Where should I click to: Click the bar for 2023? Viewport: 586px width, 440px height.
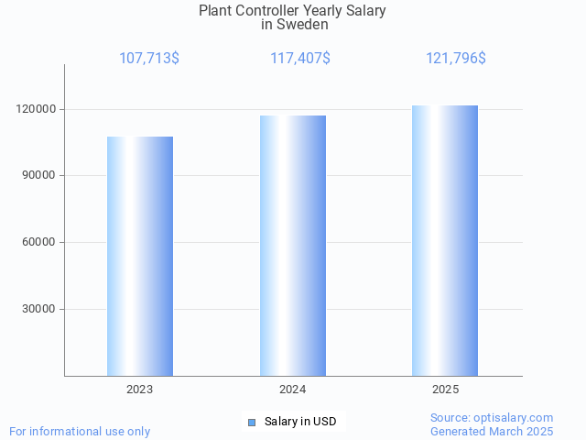[140, 256]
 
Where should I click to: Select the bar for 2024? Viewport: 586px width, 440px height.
[293, 245]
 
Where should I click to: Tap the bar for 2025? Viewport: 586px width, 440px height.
[445, 240]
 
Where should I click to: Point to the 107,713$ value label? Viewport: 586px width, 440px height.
[149, 58]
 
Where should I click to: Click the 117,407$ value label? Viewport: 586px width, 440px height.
[300, 58]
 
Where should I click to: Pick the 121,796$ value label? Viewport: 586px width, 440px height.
[456, 58]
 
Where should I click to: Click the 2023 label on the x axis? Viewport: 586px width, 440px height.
[140, 390]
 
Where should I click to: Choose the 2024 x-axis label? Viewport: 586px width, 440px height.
[293, 390]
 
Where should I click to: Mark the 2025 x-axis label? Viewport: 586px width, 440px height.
[445, 390]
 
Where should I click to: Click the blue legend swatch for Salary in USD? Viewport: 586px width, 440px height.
[252, 422]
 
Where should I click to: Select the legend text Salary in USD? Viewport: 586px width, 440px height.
[300, 422]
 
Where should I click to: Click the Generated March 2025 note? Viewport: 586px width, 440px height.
[492, 431]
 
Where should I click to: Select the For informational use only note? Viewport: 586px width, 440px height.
[80, 431]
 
